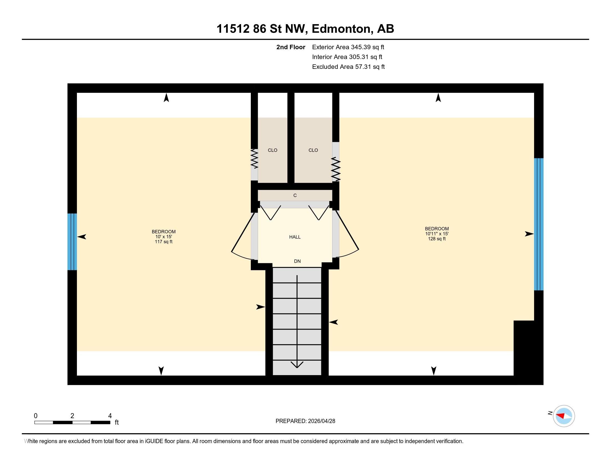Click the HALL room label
tap(295, 237)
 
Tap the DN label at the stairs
tap(297, 261)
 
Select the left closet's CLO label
tap(272, 150)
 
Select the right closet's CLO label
tap(313, 150)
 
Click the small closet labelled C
tap(295, 195)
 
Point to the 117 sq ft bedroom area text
tap(164, 242)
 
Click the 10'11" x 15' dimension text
tap(437, 234)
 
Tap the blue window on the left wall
tap(72, 242)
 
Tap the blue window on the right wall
tap(539, 224)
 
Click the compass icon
tap(564, 416)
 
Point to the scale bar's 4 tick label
tap(110, 416)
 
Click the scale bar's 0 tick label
tap(36, 416)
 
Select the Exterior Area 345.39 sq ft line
tap(348, 47)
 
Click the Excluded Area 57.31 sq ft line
tap(348, 67)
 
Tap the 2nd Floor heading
tap(291, 47)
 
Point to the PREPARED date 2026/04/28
tap(321, 421)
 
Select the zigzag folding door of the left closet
tap(254, 159)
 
